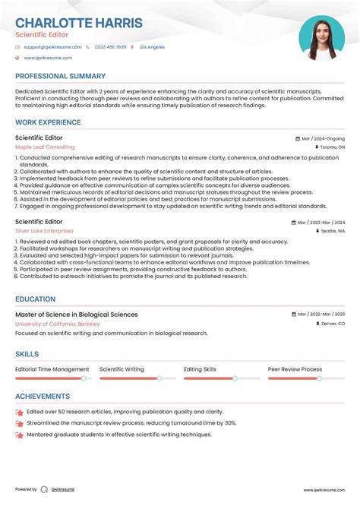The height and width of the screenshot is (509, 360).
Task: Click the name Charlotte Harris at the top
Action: click(x=79, y=22)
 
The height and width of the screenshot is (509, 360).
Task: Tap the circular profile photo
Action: click(x=321, y=38)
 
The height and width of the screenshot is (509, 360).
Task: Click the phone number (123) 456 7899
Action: click(x=111, y=47)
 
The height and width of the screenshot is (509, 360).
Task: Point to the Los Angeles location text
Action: click(x=152, y=47)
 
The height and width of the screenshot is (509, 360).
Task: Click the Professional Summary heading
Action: click(x=61, y=76)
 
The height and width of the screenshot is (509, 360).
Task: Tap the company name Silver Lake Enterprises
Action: click(x=45, y=231)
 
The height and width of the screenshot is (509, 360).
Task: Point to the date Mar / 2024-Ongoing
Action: click(x=322, y=139)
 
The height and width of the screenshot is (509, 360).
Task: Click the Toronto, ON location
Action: click(x=330, y=147)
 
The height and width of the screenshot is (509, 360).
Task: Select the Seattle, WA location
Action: click(x=332, y=231)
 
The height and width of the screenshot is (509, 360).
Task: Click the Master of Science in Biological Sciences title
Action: click(x=77, y=314)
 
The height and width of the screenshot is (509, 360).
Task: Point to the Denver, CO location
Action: click(x=331, y=324)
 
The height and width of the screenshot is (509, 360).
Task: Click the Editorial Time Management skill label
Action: click(x=52, y=369)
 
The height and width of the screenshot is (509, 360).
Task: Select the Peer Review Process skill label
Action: click(x=295, y=369)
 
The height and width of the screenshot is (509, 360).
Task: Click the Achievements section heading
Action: click(x=43, y=396)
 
